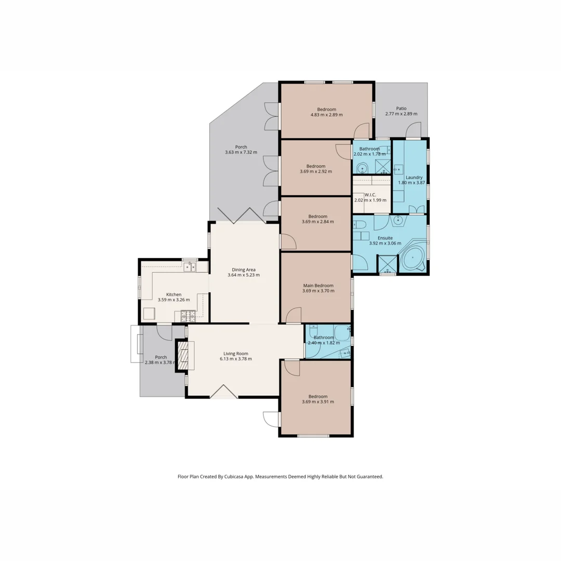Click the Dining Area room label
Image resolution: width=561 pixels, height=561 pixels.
point(243,269)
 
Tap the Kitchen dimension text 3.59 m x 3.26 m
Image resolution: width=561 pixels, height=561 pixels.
point(173,300)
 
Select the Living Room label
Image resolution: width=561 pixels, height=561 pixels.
point(236,353)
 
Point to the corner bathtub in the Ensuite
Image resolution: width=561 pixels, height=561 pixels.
point(412,258)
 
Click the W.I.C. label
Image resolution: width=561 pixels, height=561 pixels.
point(370,195)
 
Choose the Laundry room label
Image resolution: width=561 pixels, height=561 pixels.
point(414,177)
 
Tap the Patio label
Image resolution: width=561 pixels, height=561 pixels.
point(401,109)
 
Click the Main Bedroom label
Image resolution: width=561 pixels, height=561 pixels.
point(318,285)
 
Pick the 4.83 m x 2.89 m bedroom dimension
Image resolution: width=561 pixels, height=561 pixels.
point(326,115)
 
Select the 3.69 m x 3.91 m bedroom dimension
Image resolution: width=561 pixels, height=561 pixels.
point(317,402)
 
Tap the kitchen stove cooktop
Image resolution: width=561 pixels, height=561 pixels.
point(188,315)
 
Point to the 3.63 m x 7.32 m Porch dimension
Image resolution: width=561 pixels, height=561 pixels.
point(241,152)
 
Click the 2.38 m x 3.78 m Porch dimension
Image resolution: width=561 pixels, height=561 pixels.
point(161,363)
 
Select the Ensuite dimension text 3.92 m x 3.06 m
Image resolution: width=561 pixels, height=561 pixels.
point(385,243)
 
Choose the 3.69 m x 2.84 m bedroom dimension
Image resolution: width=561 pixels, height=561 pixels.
point(317,222)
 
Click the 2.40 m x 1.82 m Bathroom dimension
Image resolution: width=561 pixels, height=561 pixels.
point(324,343)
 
